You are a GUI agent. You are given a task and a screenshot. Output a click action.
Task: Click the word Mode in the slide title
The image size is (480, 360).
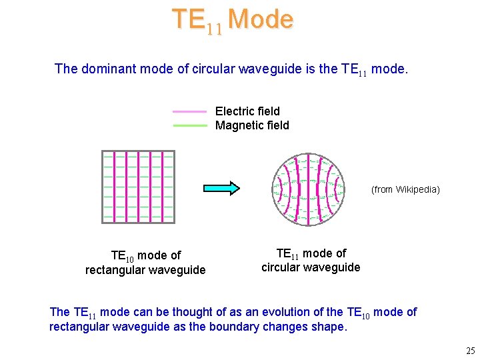pyautogui.click(x=260, y=19)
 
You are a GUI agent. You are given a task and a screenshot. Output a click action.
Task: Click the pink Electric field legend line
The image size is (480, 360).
pyautogui.click(x=190, y=111)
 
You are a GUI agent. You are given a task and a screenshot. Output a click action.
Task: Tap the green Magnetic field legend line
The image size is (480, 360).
pyautogui.click(x=190, y=125)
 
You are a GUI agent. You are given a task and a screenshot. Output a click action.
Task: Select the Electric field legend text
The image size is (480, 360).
pyautogui.click(x=247, y=111)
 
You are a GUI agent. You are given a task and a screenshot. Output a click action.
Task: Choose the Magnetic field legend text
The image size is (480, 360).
pyautogui.click(x=252, y=125)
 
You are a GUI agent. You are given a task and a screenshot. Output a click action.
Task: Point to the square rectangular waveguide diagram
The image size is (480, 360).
pyautogui.click(x=138, y=187)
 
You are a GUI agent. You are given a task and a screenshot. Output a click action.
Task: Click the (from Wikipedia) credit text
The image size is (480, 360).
pyautogui.click(x=405, y=189)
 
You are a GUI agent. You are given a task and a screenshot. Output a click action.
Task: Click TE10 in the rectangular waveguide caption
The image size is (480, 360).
pyautogui.click(x=122, y=256)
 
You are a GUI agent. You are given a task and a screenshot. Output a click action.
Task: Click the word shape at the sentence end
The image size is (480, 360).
pyautogui.click(x=329, y=327)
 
